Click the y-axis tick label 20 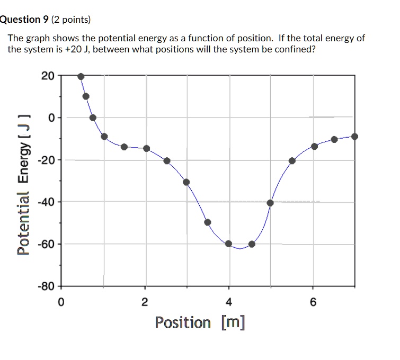point(47,76)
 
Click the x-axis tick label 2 point(145,303)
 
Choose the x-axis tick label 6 point(313,303)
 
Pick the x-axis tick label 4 point(229,303)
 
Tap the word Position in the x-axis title point(182,322)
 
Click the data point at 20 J point(81,76)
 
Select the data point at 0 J point(93,118)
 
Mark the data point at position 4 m point(228,244)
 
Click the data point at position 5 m point(270,203)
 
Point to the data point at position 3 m point(186,182)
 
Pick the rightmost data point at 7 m point(354,136)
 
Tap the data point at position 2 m point(147,148)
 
